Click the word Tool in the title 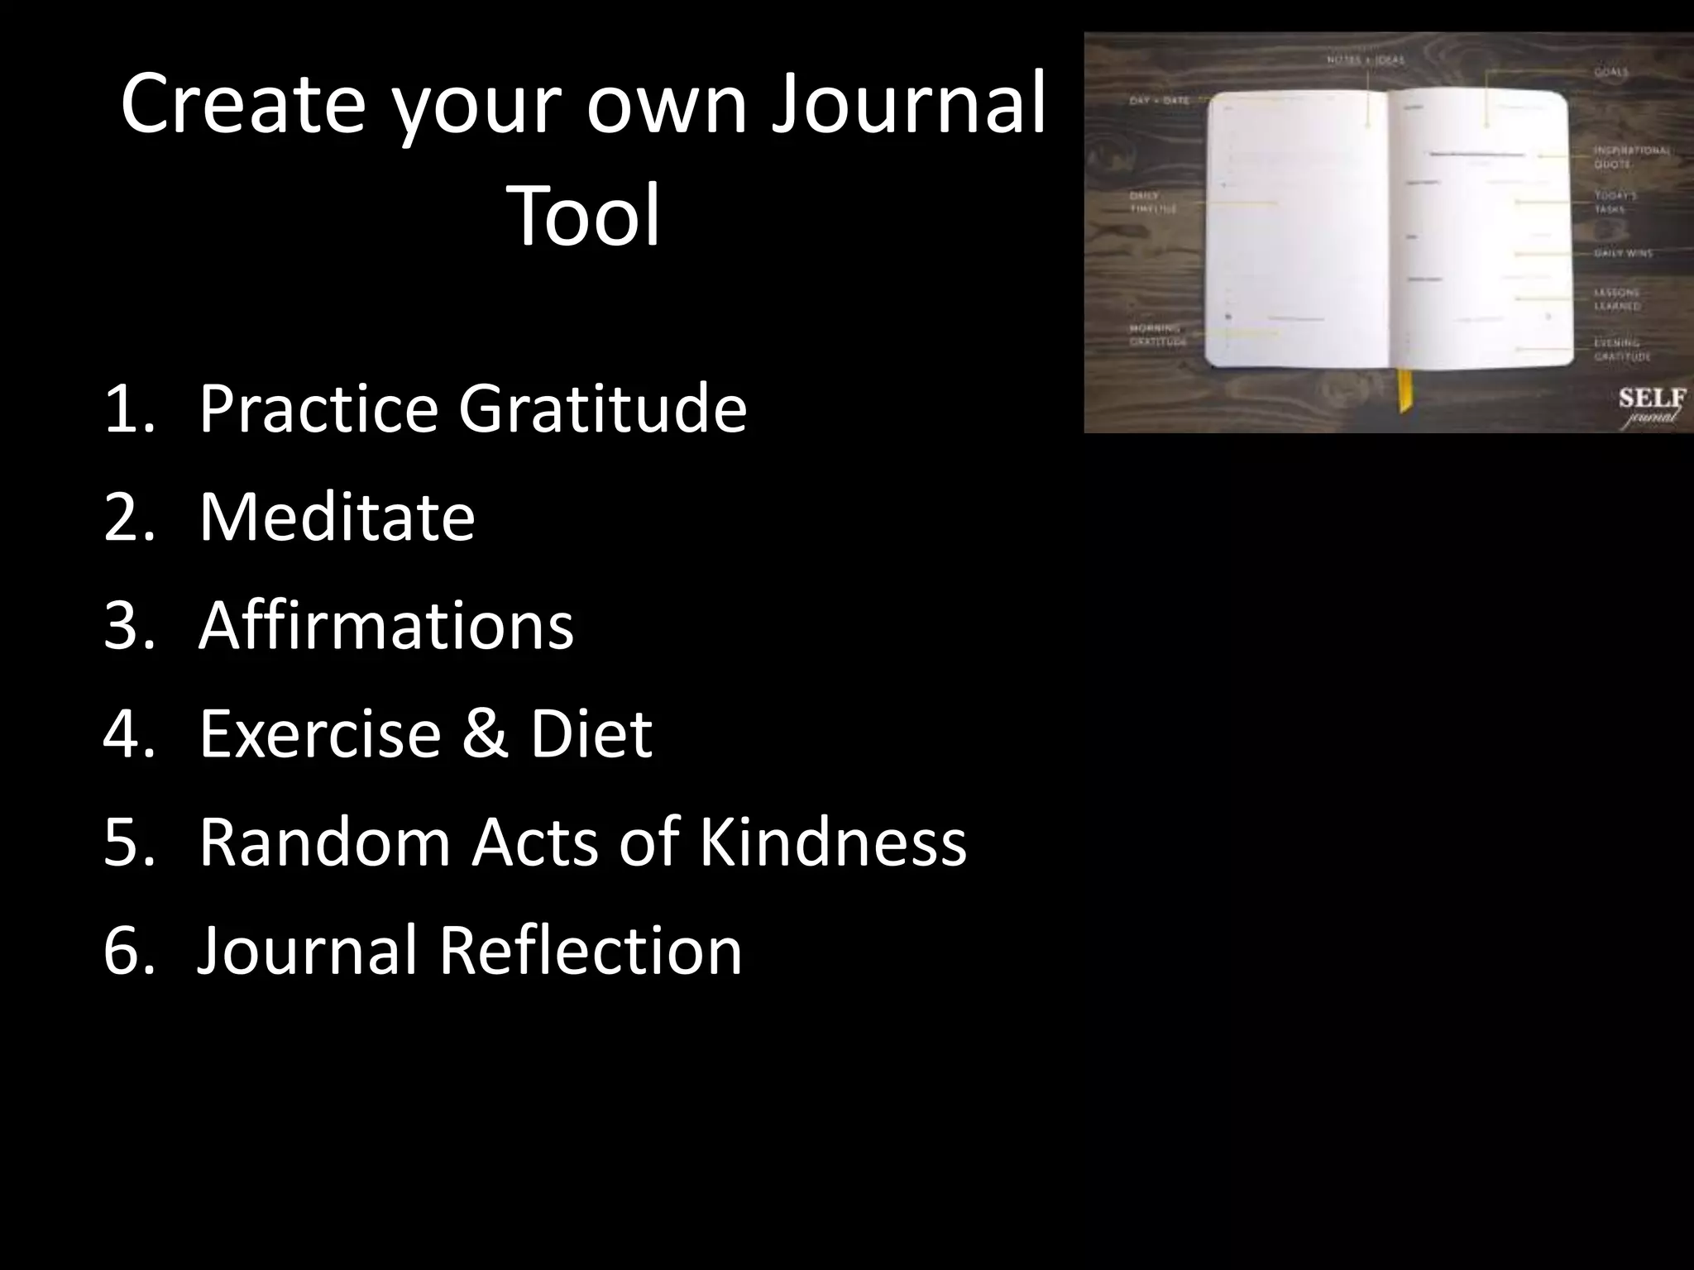click(586, 217)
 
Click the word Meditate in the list click(337, 517)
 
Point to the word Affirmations click(385, 625)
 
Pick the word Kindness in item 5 click(832, 842)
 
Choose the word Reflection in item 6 click(590, 950)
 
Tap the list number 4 click(128, 733)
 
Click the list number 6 click(128, 950)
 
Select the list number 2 click(128, 517)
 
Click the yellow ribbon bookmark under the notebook click(1404, 390)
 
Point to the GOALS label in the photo click(1611, 73)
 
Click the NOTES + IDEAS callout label click(1366, 60)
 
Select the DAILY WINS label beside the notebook click(1623, 253)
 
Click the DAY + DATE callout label click(1159, 101)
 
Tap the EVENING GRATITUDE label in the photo click(1622, 349)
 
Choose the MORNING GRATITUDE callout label click(1158, 335)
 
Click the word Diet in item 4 click(591, 733)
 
